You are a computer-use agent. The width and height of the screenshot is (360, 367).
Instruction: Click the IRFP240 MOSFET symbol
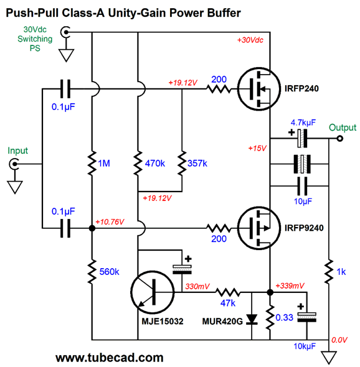tap(258, 89)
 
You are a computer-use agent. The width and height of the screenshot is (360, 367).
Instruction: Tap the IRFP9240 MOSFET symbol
tap(258, 228)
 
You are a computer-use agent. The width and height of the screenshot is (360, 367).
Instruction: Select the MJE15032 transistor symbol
tap(153, 292)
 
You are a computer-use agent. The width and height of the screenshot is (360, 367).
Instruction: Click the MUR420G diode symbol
tap(252, 320)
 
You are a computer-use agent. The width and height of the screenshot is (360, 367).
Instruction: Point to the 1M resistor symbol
tap(92, 163)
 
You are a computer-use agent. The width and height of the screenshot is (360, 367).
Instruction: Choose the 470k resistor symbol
tap(138, 163)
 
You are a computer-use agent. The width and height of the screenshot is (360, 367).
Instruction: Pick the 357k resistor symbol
tap(182, 163)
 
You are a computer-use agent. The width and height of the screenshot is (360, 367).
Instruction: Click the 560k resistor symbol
tap(92, 271)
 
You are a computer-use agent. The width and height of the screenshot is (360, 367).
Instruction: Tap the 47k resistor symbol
tap(227, 292)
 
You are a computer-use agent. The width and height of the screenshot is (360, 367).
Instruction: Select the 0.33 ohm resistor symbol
tap(270, 317)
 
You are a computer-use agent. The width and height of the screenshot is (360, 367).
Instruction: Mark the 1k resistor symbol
tap(329, 271)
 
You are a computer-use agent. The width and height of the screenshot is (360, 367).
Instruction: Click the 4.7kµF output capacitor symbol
tap(302, 138)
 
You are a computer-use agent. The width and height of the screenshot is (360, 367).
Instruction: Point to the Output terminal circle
tap(340, 139)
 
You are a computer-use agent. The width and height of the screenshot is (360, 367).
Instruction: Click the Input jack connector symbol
tap(14, 164)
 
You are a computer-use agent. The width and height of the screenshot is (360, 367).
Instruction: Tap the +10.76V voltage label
tap(110, 221)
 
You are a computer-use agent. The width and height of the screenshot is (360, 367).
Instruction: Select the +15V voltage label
tap(257, 148)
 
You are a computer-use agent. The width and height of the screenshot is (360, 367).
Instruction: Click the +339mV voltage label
tap(290, 286)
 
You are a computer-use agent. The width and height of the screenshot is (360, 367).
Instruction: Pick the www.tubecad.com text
tap(110, 358)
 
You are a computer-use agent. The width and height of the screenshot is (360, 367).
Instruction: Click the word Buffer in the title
tap(224, 12)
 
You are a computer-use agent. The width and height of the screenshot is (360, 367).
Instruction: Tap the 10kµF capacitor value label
tap(305, 346)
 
